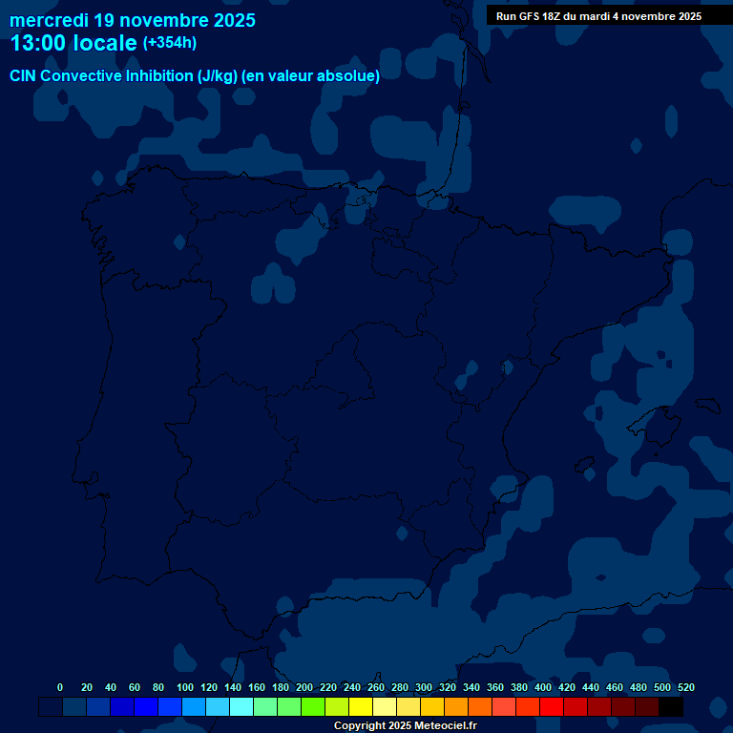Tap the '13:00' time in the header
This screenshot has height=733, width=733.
[38, 43]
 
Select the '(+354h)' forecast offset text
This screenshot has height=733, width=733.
[169, 42]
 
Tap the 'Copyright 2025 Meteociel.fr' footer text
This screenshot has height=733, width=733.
[405, 725]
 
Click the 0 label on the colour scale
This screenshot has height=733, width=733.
[60, 687]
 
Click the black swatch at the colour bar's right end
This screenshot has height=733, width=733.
[671, 706]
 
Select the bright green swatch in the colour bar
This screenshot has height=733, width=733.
[313, 706]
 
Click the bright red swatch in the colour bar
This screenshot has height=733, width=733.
[552, 706]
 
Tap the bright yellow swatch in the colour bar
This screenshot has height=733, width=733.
[361, 706]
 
